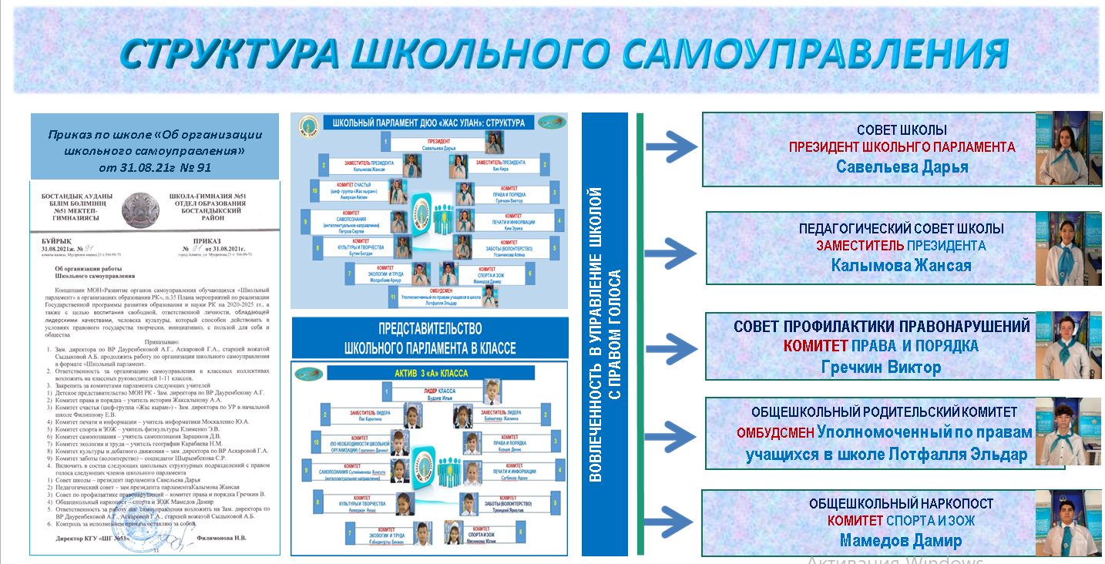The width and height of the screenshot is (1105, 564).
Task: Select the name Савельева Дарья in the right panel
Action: tap(902, 167)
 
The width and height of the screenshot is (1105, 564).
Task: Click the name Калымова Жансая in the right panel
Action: tap(901, 265)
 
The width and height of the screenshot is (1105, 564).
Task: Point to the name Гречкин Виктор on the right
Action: tap(882, 367)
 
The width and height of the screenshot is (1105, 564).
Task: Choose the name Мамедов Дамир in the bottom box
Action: tap(901, 540)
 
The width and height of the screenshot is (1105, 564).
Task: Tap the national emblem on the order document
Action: tap(145, 210)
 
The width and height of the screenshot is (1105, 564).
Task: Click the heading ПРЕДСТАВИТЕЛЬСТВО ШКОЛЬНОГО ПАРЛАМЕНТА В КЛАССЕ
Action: tap(429, 339)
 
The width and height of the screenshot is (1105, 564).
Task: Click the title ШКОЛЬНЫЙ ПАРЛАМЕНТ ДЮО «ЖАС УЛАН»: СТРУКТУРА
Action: tap(428, 123)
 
